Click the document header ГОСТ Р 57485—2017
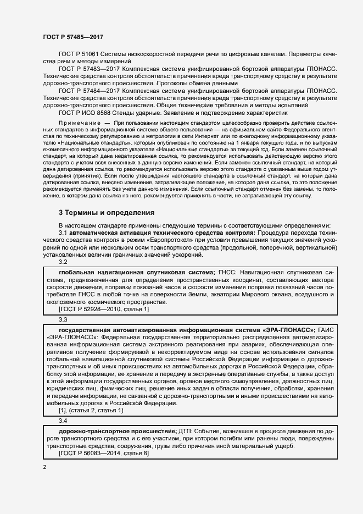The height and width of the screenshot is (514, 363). pos(74,36)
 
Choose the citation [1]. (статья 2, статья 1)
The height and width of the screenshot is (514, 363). pos(91,410)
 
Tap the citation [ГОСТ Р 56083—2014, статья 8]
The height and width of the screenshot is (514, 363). pos(104,454)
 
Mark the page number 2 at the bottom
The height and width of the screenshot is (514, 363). pos(44,467)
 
